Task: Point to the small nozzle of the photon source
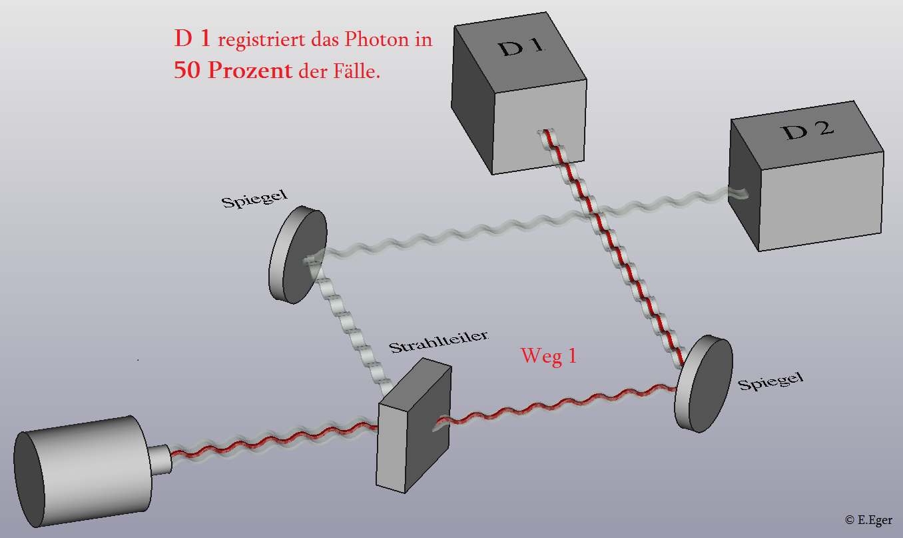coord(159,458)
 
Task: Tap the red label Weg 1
coord(548,355)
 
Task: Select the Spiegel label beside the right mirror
coord(770,381)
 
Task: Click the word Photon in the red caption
coord(376,40)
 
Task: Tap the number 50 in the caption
coord(187,71)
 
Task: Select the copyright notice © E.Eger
coord(868,519)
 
